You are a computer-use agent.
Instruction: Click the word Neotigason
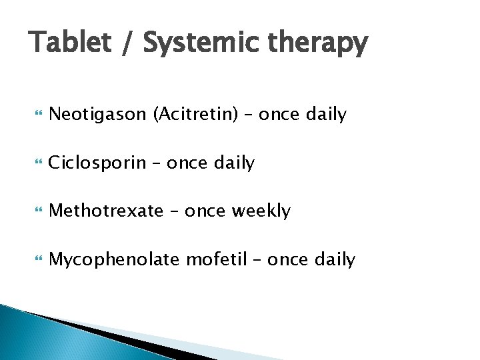click(98, 115)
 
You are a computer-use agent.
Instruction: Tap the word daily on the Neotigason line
click(326, 115)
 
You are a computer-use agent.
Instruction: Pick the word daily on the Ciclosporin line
click(234, 163)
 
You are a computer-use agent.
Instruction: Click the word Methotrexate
click(106, 211)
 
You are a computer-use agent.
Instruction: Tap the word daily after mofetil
click(335, 259)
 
